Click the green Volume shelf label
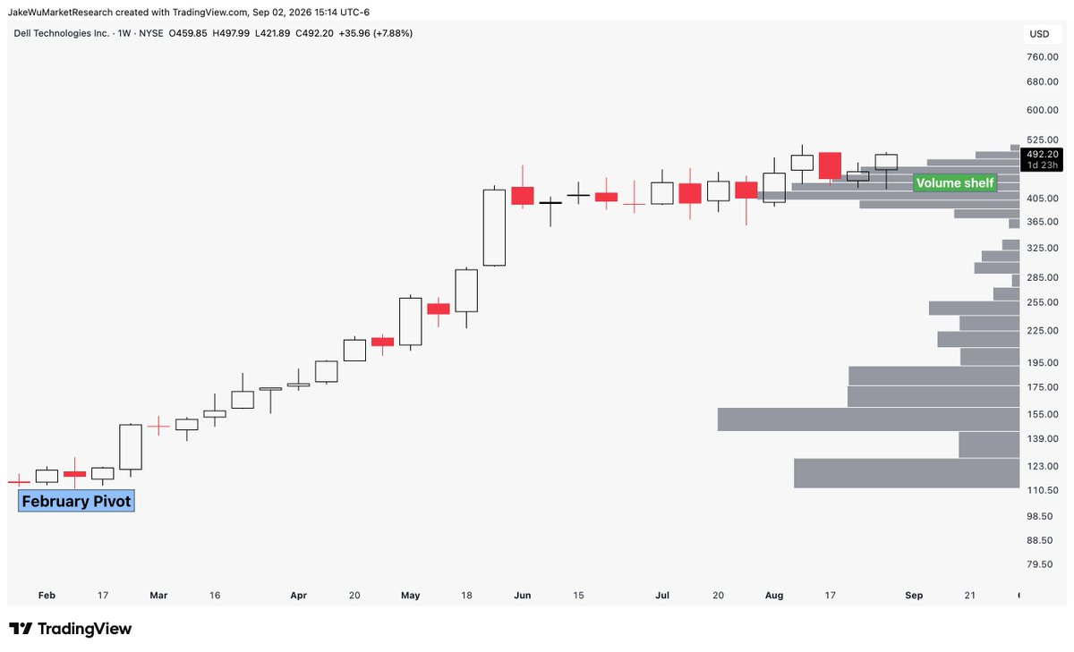click(x=955, y=183)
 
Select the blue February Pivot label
click(x=76, y=501)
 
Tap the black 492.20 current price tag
click(x=1043, y=159)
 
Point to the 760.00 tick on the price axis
click(x=1043, y=57)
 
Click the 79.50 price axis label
click(x=1039, y=563)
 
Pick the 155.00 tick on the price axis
click(x=1043, y=414)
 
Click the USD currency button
click(x=1039, y=34)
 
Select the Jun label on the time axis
click(x=522, y=595)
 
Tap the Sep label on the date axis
click(x=914, y=595)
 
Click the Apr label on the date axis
click(x=298, y=595)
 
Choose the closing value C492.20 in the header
click(x=314, y=33)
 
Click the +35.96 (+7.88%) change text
click(x=375, y=33)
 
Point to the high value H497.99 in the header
click(x=231, y=33)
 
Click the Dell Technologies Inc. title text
click(x=62, y=33)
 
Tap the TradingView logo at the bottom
click(x=70, y=629)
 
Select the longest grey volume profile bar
click(x=868, y=419)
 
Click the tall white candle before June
click(x=494, y=227)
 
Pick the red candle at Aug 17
click(x=830, y=165)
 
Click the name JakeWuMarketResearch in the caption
click(x=61, y=12)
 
